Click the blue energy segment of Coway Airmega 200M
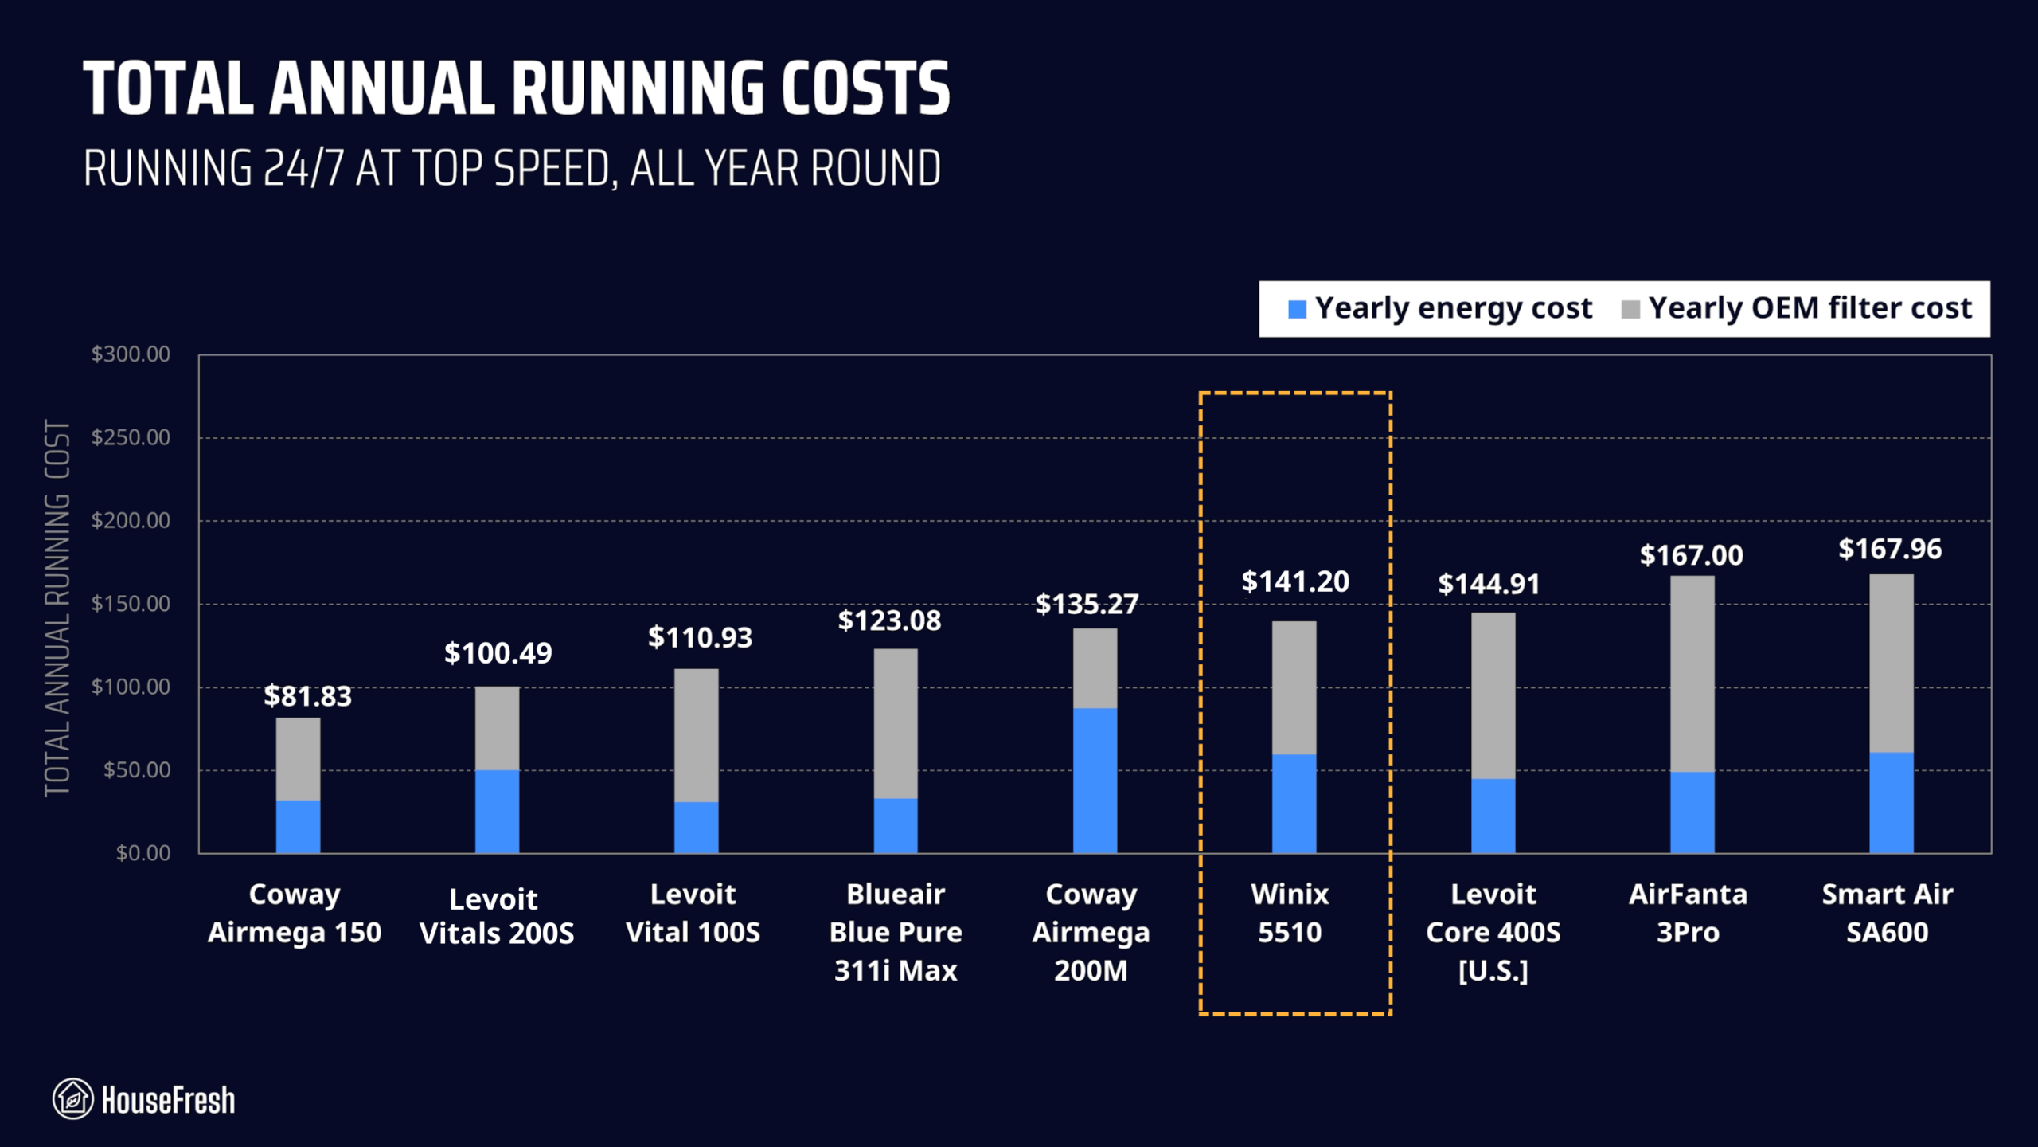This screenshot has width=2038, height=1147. pos(1095,781)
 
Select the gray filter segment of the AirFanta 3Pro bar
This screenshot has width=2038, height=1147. pos(1692,673)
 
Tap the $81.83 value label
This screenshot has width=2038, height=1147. pos(307,696)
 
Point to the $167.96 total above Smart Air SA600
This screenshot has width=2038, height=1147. pos(1889,549)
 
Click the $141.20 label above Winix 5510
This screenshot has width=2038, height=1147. pos(1294,581)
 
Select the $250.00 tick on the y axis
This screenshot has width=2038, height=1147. pos(131,437)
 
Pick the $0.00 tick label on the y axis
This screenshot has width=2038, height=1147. pos(143,853)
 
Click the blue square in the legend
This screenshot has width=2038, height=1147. pos(1297,309)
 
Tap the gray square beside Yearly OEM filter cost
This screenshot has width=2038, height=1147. pos(1630,309)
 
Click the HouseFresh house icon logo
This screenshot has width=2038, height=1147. pos(72,1099)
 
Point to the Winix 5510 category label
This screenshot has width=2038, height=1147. pos(1290,913)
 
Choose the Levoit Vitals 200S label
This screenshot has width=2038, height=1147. pos(496,916)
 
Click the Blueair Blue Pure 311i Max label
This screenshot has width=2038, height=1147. pos(896,932)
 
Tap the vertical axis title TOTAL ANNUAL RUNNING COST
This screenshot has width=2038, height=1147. pos(57,607)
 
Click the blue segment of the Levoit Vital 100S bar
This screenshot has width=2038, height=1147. pos(696,827)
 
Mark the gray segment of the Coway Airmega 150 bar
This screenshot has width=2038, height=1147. pos(298,758)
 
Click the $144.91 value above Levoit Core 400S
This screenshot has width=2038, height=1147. pos(1488,585)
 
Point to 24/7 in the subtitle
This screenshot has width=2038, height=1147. pos(303,169)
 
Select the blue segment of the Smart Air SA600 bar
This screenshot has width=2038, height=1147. pos(1891,802)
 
